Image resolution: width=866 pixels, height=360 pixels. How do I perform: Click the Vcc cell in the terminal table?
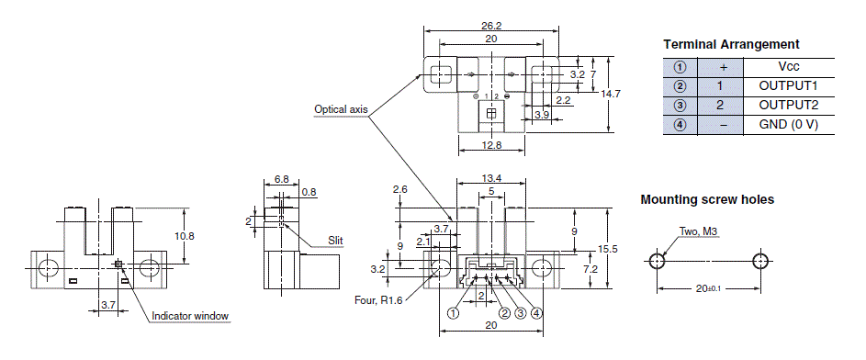pos(788,67)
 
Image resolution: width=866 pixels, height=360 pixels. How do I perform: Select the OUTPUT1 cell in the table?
pos(788,86)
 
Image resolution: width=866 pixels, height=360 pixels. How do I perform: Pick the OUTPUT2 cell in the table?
pos(788,106)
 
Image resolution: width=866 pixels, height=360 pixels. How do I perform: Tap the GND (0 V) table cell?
pos(788,125)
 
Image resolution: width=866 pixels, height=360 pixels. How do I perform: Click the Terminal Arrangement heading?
pos(731,44)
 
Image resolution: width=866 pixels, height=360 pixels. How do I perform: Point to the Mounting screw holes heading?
pos(707,199)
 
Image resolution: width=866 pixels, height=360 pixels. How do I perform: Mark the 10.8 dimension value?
pos(185,235)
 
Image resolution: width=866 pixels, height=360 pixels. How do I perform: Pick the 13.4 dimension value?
pos(491,178)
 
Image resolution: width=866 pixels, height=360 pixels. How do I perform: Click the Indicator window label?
pos(190,317)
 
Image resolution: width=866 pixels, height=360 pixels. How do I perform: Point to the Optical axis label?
pos(341,108)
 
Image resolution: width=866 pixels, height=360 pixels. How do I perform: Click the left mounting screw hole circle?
pos(658,260)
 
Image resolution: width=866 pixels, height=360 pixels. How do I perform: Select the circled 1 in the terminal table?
pos(680,67)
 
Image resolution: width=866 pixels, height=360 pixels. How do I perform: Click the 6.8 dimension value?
pos(281,179)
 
